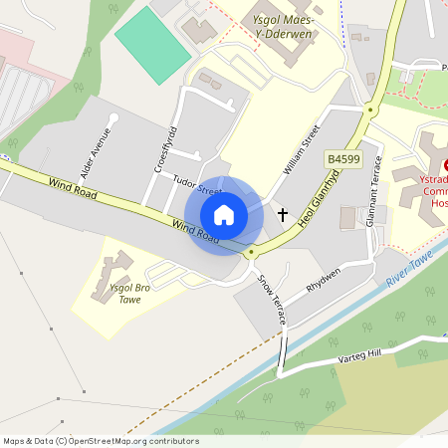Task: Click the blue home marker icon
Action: coord(224,215)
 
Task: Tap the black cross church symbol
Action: coord(282,214)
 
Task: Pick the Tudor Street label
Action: coord(197,185)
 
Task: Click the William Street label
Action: coord(301,149)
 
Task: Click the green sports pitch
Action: coord(152,44)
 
